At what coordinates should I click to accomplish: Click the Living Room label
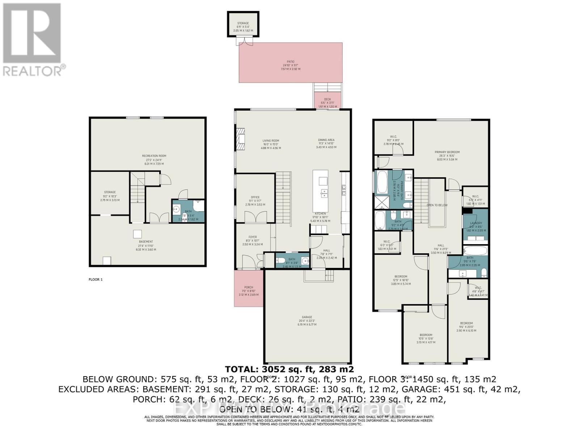271,141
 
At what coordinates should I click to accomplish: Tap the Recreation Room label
154,156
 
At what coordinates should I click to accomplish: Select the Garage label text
307,317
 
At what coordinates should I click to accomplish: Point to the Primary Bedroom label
447,152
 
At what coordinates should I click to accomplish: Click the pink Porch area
249,289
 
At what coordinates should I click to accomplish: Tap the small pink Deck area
327,100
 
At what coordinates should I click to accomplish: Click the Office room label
255,197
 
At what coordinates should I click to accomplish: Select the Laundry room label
476,224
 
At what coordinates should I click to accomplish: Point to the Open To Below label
437,205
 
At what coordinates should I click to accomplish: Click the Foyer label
252,237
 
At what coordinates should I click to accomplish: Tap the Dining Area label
326,140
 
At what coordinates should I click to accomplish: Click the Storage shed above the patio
243,24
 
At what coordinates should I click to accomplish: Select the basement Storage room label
110,192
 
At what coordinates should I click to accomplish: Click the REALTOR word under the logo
33,70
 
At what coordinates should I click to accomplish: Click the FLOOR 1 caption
96,280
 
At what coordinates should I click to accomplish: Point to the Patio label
291,62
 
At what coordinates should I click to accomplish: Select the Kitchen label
320,214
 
